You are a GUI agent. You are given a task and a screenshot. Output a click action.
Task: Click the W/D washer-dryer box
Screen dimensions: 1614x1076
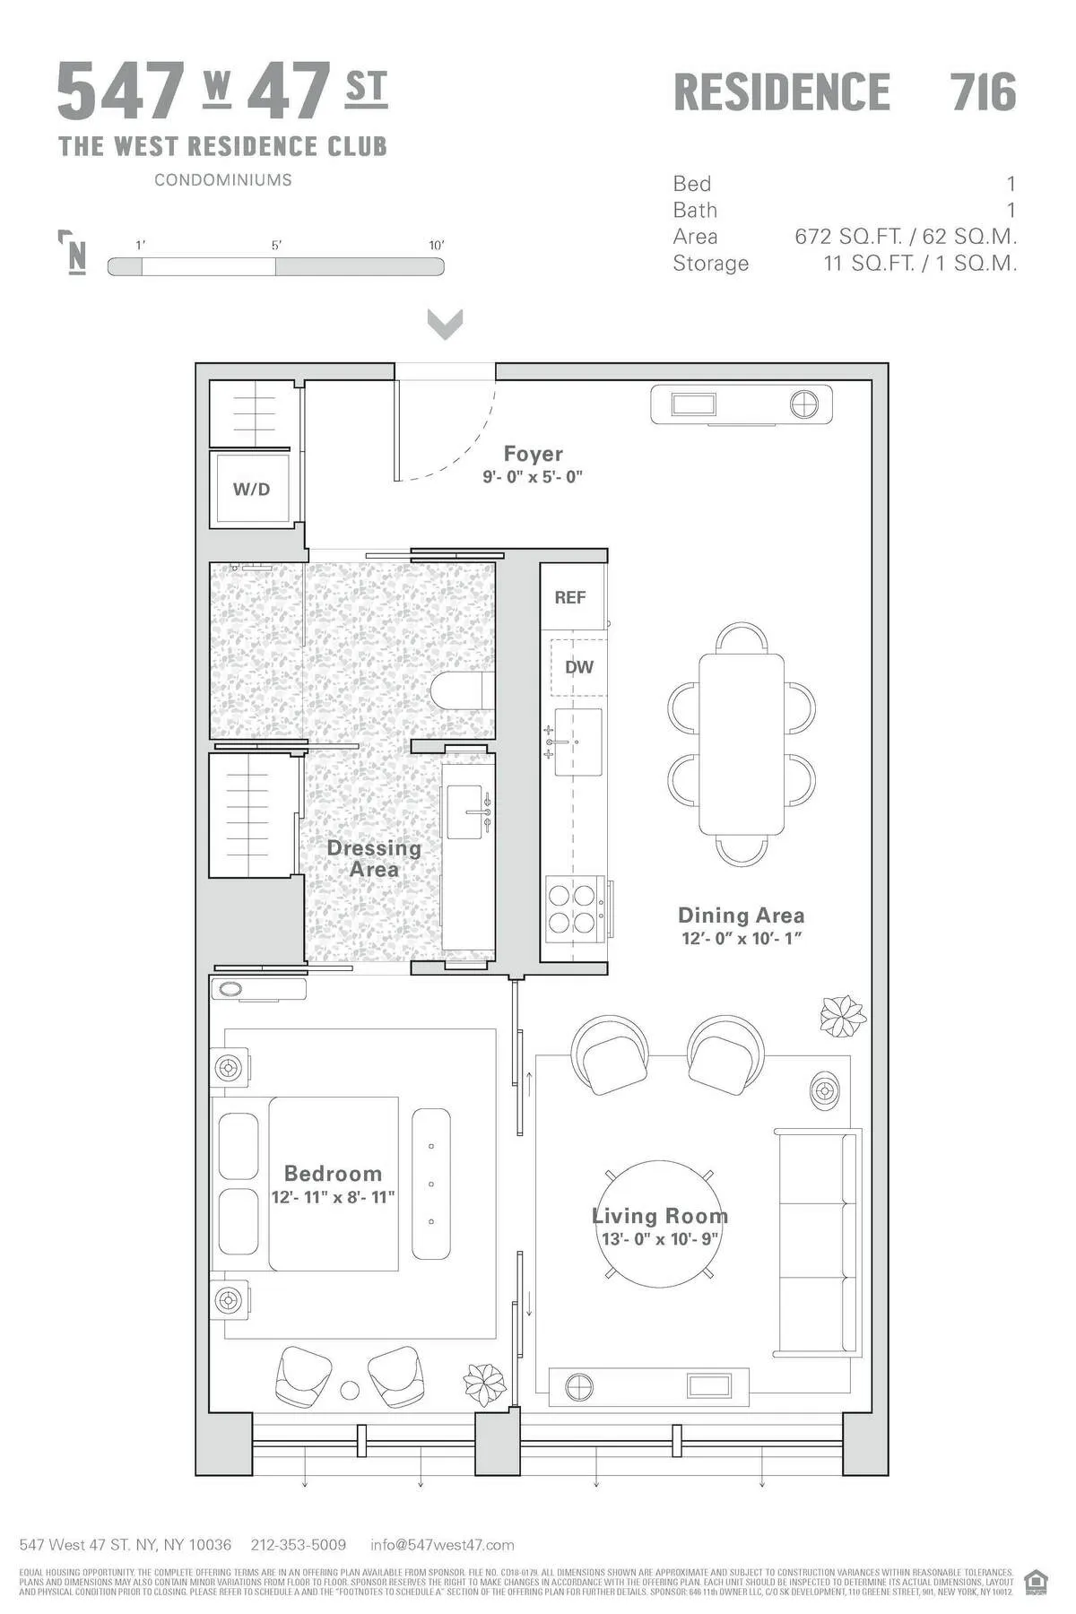252,490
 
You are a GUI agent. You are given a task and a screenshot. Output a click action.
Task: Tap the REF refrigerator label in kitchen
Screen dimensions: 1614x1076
570,597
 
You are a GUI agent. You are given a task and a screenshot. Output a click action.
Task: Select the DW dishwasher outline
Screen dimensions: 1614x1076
578,667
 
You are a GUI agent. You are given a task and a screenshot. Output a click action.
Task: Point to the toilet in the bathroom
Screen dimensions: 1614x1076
461,690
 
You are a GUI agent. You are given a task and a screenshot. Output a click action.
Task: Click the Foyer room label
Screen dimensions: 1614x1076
533,454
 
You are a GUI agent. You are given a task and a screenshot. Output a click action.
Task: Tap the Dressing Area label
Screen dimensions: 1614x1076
373,858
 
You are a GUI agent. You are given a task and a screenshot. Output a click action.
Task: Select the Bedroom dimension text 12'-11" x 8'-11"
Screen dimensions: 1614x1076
333,1197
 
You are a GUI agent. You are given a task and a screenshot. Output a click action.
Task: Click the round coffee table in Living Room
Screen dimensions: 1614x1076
660,1224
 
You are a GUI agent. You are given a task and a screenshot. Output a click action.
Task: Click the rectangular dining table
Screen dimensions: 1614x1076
742,744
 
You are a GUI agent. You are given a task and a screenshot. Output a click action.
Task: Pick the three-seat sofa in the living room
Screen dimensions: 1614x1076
816,1242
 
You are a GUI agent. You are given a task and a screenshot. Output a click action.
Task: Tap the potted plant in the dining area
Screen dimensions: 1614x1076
843,1016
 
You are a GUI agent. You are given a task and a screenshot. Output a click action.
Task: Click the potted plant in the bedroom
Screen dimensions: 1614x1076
484,1384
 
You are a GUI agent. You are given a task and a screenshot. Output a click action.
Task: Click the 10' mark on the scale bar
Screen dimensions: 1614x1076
436,245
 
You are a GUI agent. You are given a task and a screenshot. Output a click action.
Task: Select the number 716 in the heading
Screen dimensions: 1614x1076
983,92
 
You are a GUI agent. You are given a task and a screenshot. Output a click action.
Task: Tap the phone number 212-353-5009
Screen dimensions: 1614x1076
299,1544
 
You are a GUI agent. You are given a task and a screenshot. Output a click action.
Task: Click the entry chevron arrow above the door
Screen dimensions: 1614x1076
445,324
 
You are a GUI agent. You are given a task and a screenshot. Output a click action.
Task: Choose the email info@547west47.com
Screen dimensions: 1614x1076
442,1544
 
